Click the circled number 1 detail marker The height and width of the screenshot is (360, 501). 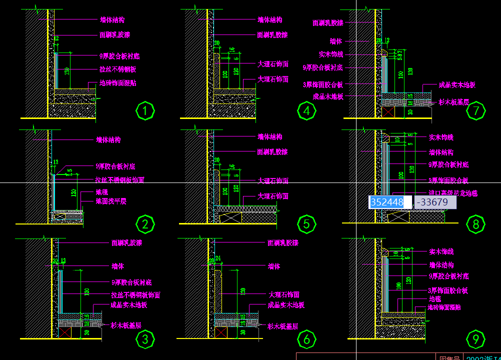pos(145,111)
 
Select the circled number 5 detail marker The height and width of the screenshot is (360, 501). pos(306,224)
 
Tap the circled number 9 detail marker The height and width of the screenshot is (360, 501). pos(475,340)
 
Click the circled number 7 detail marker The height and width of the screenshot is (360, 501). pos(475,111)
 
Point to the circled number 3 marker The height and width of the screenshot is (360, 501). pos(145,340)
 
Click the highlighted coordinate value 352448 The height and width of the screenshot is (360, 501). pos(386,202)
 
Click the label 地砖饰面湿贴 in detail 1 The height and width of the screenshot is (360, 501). pos(118,83)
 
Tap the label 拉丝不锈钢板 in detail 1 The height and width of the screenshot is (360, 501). pos(118,69)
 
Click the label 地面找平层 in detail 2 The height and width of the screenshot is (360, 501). pos(111,201)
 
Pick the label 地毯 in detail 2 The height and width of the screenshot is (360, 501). pos(101,192)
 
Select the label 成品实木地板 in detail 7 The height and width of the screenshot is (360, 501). pos(457,85)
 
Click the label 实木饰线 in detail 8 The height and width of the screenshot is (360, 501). pos(441,137)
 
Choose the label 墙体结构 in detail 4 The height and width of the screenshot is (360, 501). pos(270,20)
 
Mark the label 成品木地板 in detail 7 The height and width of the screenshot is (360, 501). pos(328,96)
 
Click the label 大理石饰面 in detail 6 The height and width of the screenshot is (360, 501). pos(284,295)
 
